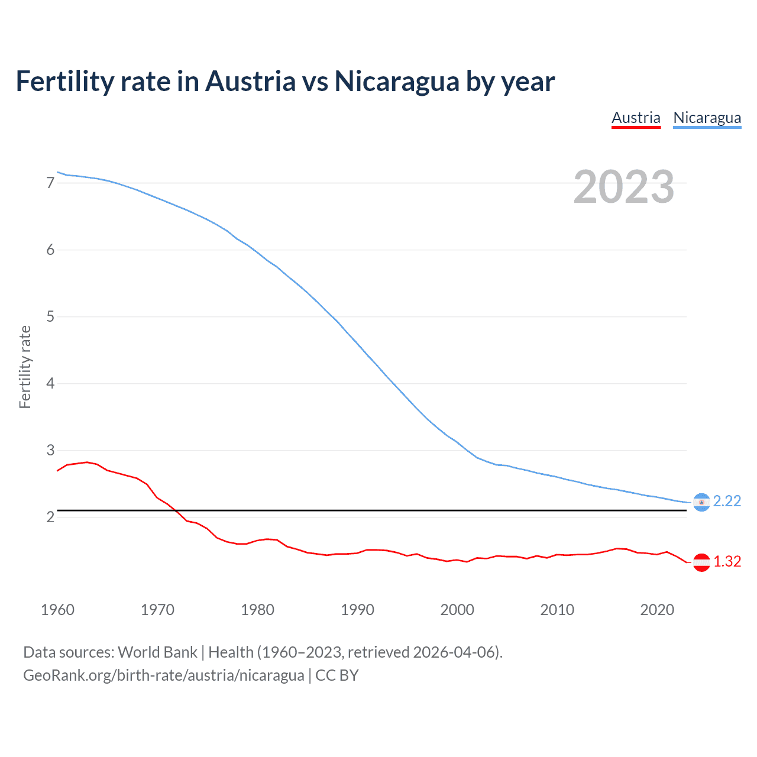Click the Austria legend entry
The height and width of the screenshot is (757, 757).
click(636, 118)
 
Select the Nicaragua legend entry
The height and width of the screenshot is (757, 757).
click(707, 118)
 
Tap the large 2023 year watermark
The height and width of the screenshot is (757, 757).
click(623, 187)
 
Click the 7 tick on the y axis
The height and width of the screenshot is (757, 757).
click(50, 183)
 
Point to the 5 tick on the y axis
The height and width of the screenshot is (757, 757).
click(50, 316)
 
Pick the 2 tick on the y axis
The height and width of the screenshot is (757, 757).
click(50, 517)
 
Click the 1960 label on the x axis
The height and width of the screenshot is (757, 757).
click(57, 610)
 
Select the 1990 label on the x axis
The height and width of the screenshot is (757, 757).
click(357, 610)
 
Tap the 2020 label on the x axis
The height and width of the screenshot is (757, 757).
click(657, 610)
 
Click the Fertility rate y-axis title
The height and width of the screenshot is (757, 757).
click(25, 367)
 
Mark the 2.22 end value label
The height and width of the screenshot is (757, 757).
click(727, 501)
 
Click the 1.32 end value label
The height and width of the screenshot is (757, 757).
click(727, 561)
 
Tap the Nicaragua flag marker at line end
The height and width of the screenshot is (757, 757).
click(701, 502)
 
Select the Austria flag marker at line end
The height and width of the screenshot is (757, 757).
click(701, 562)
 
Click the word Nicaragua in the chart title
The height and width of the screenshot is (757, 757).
click(396, 82)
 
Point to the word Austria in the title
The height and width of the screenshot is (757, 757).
click(250, 82)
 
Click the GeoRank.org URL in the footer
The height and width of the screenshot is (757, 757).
click(163, 675)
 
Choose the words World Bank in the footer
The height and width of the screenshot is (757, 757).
click(157, 652)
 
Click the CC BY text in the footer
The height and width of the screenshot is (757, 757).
click(337, 675)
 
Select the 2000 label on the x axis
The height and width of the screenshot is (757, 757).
click(457, 610)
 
